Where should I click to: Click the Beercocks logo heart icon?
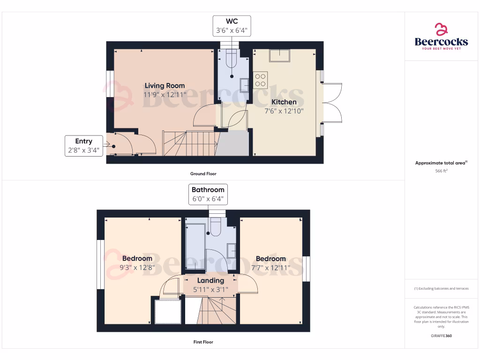(441, 30)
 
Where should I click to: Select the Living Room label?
(165, 85)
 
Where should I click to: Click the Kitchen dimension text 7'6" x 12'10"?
(284, 111)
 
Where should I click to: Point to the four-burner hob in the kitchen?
(261, 80)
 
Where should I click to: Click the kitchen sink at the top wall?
(279, 55)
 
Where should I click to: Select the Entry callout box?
(84, 146)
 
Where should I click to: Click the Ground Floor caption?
(203, 173)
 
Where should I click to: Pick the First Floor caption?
(203, 342)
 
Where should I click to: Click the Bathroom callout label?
(208, 190)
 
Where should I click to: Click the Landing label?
(210, 280)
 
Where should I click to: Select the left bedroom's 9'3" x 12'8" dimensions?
(137, 268)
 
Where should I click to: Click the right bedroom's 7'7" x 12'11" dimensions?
(270, 268)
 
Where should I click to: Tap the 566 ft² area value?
(441, 171)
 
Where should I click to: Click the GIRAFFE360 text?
(441, 336)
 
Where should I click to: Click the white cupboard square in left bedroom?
(168, 311)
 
